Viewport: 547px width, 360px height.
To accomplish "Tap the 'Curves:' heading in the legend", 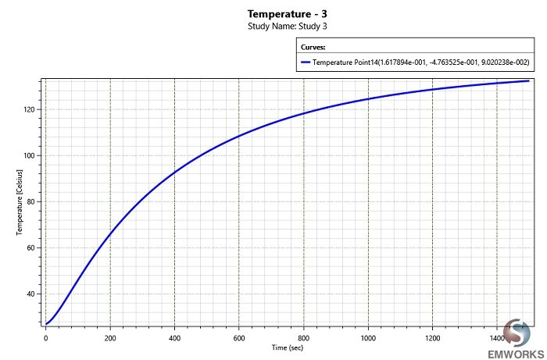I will (x=313, y=47).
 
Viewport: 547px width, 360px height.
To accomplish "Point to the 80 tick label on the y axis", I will (x=29, y=201).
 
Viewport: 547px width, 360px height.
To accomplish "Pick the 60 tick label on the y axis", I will (x=29, y=248).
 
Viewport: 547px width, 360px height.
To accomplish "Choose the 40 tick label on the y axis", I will (x=29, y=294).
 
